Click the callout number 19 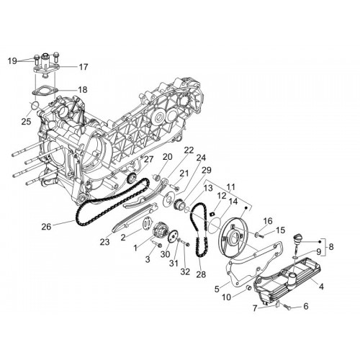coord(12,61)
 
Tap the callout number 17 coord(84,67)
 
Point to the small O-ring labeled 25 coord(35,104)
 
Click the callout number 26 coord(46,226)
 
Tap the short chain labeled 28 coord(199,230)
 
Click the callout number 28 coord(201,274)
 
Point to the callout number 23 coord(104,242)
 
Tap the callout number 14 coord(233,201)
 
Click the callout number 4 coord(321,287)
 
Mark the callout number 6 coord(306,306)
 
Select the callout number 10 coord(226,297)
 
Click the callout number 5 coord(217,289)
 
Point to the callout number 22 coord(189,150)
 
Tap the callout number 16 coord(268,221)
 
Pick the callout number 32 coord(185,271)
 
